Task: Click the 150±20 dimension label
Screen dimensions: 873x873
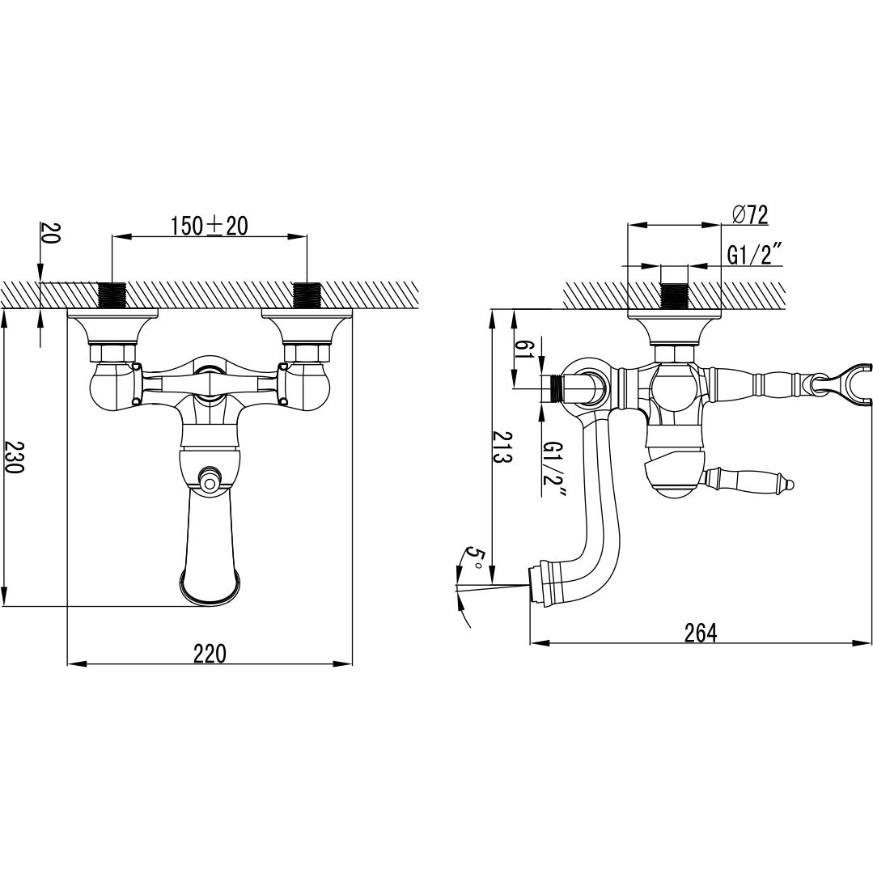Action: pyautogui.click(x=209, y=226)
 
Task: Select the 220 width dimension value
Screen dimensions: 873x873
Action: pyautogui.click(x=210, y=653)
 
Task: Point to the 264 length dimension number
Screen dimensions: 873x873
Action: pyautogui.click(x=701, y=633)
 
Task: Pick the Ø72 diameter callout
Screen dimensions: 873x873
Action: pyautogui.click(x=751, y=214)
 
